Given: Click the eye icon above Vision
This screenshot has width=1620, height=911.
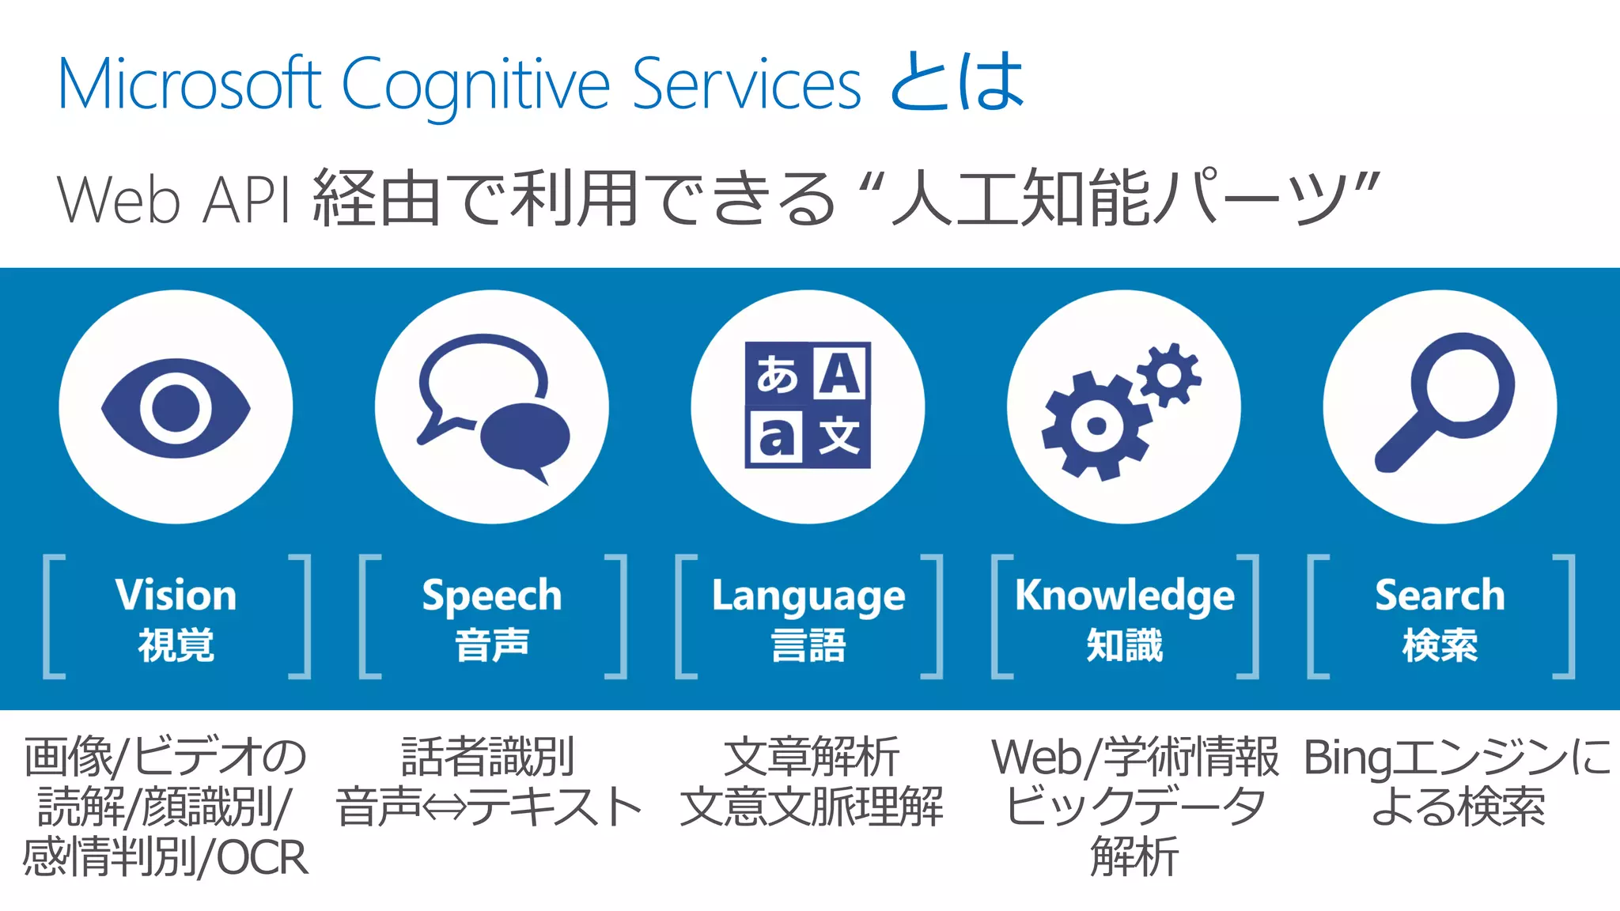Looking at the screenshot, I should [176, 407].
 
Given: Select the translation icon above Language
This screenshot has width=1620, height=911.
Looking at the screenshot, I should [808, 405].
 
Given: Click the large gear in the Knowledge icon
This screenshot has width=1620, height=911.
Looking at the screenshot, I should [1096, 426].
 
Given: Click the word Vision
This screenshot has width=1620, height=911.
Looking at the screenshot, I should [176, 595].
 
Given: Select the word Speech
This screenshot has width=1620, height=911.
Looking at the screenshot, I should [492, 596].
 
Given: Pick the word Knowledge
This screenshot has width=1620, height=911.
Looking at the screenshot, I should [1125, 596].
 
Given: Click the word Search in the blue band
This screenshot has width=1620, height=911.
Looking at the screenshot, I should [1440, 595].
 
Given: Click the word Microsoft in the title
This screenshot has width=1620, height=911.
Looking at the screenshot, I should [190, 84].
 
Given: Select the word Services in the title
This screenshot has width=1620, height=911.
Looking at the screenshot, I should [747, 84].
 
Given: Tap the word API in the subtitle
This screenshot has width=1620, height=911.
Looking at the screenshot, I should [246, 199].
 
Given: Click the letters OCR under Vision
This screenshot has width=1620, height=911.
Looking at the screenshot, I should [262, 858].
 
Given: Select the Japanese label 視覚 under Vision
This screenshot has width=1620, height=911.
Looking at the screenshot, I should [176, 645].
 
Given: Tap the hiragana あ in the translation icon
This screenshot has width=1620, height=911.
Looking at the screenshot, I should [776, 374].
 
